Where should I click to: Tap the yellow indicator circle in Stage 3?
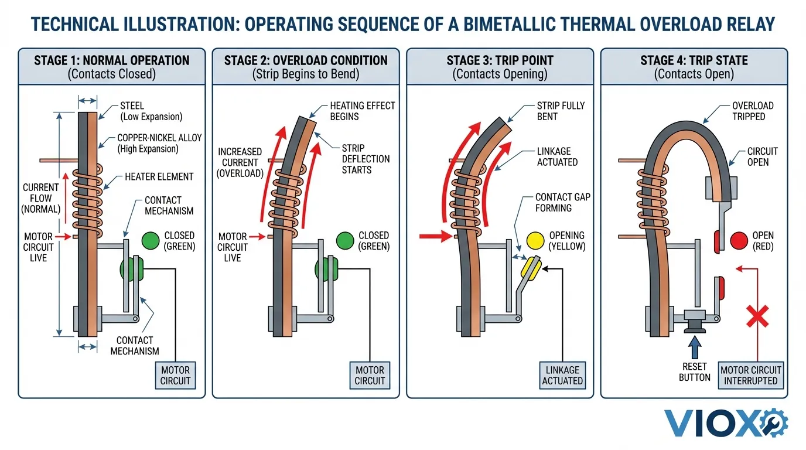(x=535, y=240)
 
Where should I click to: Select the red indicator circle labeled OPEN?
(x=739, y=240)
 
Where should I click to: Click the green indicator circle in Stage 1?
(x=151, y=240)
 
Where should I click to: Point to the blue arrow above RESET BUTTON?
(x=695, y=349)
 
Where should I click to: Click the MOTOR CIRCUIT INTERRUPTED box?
(x=751, y=375)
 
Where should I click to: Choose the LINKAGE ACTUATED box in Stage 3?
(x=562, y=375)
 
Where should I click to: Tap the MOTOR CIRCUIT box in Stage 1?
(x=176, y=375)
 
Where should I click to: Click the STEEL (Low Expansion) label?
(x=151, y=111)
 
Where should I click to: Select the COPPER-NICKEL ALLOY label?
(x=159, y=143)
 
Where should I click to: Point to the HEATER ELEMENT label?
(x=159, y=176)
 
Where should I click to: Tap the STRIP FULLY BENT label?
(x=561, y=111)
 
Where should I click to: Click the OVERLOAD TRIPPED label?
(x=753, y=111)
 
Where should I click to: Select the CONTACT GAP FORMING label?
(x=562, y=202)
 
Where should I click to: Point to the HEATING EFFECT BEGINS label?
(x=363, y=111)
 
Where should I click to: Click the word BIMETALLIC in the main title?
(x=525, y=24)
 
